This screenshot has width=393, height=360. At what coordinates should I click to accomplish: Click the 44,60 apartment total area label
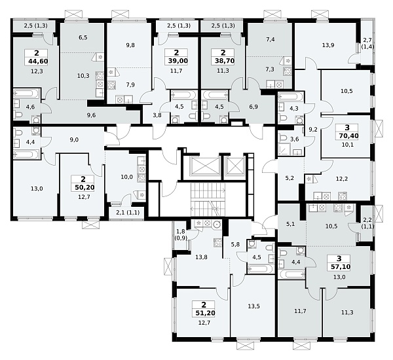pos(36,61)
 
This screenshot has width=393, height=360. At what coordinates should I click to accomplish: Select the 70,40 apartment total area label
pos(347,135)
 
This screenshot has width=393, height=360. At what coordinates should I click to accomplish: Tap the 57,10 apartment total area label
pos(340,266)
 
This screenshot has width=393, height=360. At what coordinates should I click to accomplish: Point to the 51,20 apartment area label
pos(204,313)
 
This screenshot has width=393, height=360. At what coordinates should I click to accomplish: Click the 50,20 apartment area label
pos(83,187)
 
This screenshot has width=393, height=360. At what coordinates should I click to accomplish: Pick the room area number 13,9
pos(329,45)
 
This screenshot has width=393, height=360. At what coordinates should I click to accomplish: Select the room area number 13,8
pos(201,257)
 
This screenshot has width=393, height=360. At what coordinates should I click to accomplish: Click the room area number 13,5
pos(254,306)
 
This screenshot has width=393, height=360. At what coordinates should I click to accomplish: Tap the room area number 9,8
pos(130,45)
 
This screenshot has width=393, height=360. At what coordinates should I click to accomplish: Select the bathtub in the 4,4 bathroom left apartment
pos(26,154)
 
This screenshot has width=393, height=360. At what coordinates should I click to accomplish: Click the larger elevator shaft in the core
pos(206,166)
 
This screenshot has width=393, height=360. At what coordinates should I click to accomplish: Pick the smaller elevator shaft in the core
pos(235,166)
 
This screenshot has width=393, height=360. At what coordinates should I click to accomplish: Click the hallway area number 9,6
pos(91,115)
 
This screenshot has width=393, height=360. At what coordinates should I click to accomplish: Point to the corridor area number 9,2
pos(313,130)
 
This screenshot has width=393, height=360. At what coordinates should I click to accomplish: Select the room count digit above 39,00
pos(176,53)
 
